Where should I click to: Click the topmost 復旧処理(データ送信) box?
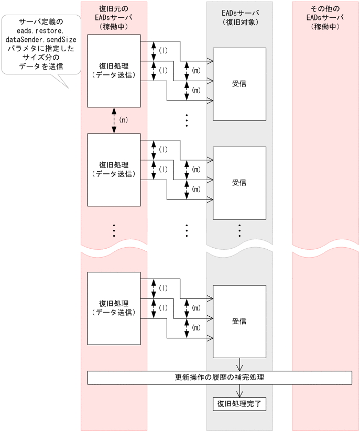coord(114,71)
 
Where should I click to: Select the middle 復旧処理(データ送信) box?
coord(114,170)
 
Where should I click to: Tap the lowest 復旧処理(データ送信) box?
coord(114,308)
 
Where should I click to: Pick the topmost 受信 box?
coord(239,83)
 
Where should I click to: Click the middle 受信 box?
coord(239,182)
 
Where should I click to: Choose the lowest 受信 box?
coord(239,321)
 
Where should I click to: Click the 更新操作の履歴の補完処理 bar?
coord(219,378)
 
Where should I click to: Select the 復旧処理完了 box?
coord(239,404)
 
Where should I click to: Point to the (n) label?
coord(124,120)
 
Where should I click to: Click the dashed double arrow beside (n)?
coord(114,120)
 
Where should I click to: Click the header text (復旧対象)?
coord(239,23)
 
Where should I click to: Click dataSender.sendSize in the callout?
coord(40,39)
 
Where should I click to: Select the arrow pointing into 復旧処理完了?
coord(239,391)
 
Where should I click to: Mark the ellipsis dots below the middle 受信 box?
coord(239,230)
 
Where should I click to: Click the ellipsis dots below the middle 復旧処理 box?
coord(114,230)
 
